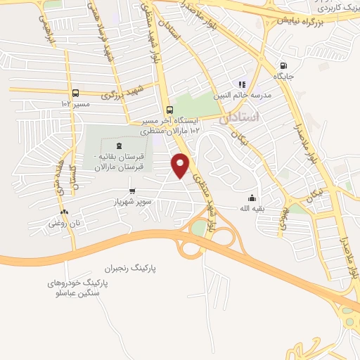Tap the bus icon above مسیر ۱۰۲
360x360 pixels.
(x=75, y=93)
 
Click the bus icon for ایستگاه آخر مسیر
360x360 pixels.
(x=169, y=110)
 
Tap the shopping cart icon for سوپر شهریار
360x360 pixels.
(x=131, y=191)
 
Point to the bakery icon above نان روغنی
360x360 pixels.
(x=64, y=212)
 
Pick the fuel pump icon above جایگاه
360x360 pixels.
(x=283, y=60)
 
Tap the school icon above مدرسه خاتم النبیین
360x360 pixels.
(x=243, y=84)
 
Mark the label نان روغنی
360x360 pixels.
(x=62, y=224)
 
